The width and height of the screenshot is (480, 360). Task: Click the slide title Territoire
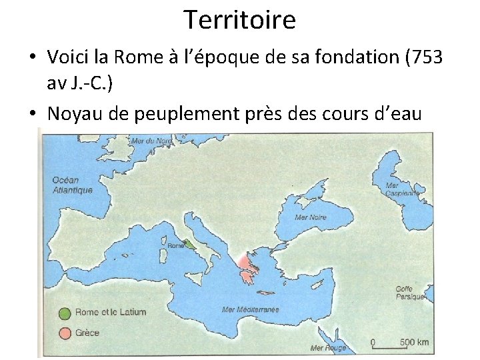[239, 20]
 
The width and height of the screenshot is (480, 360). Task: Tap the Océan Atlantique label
[72, 185]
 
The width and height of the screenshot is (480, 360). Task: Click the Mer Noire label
[310, 217]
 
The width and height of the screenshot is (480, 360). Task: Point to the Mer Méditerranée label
[251, 309]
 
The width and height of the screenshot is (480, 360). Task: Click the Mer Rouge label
[327, 347]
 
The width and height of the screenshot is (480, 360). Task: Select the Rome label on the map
[177, 245]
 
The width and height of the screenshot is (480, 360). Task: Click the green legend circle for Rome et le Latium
[64, 312]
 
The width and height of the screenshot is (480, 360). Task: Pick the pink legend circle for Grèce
[64, 332]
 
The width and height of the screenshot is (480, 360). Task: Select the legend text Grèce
[87, 333]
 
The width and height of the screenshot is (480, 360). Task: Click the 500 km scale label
[414, 342]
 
